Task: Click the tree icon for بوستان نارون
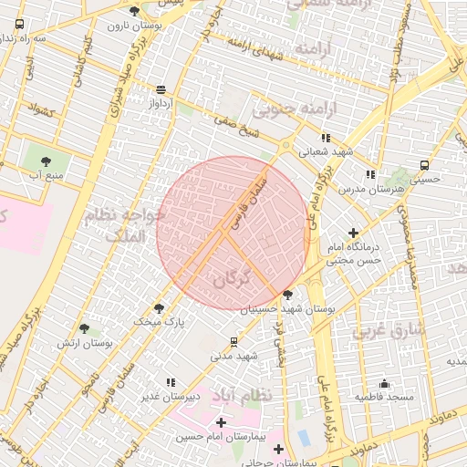tap(135, 11)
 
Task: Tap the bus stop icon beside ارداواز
tap(161, 89)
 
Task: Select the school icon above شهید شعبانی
tap(326, 138)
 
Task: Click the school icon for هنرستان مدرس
tap(369, 173)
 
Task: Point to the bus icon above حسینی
tap(424, 165)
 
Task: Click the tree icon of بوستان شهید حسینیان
tap(288, 295)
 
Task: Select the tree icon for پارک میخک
tap(160, 308)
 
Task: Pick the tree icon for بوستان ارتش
tap(84, 327)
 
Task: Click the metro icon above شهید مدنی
tap(234, 342)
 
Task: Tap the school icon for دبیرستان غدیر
tap(170, 382)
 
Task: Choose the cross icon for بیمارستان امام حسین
tap(221, 422)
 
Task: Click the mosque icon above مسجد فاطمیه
tap(385, 383)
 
